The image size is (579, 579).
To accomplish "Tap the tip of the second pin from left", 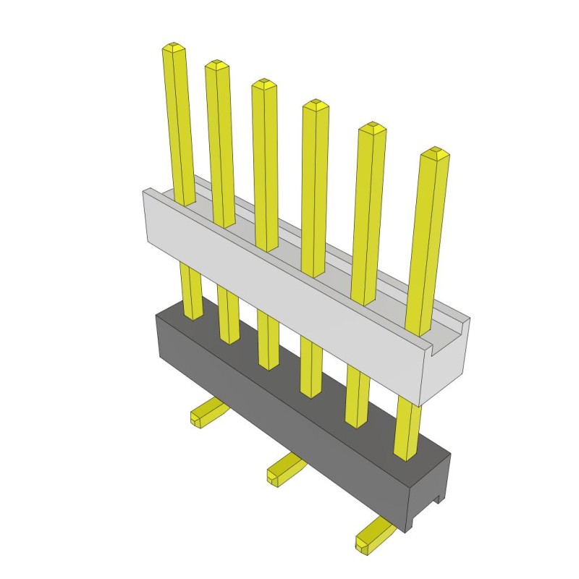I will click(216, 66).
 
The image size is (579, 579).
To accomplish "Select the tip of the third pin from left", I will click(263, 84).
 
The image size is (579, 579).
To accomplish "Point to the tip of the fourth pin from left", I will click(315, 105).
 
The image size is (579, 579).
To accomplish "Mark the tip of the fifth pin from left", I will click(371, 128).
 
